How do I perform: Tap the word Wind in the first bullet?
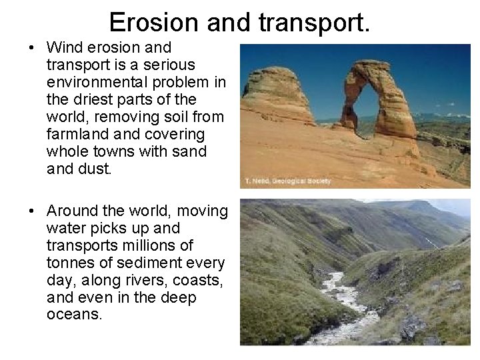click(64, 48)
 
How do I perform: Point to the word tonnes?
click(69, 263)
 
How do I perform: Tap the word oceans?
click(74, 315)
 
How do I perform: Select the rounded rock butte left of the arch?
click(277, 96)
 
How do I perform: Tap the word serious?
click(171, 65)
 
